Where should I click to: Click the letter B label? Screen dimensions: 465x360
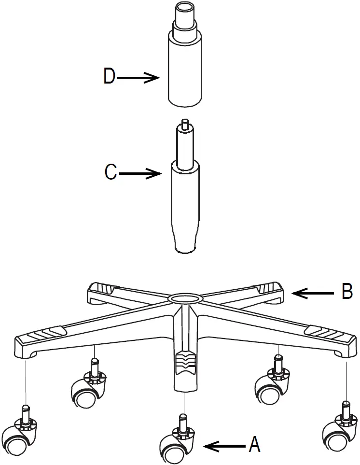coord(347,292)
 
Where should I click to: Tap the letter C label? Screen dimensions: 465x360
coord(111,173)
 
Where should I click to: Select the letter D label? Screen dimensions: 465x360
coord(110,77)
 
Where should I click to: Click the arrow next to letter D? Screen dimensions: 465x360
coord(138,77)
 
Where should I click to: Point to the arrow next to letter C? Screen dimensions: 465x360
coord(140,173)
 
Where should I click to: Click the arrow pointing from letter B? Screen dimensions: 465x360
coord(314,293)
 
